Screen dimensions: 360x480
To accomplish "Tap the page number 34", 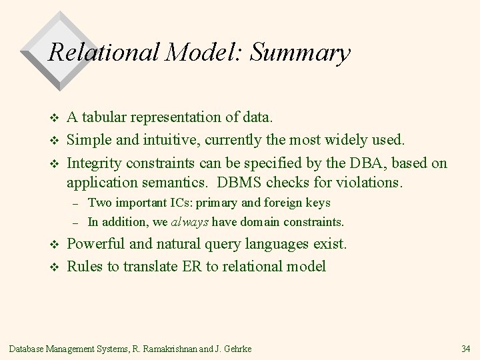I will (x=465, y=348).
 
